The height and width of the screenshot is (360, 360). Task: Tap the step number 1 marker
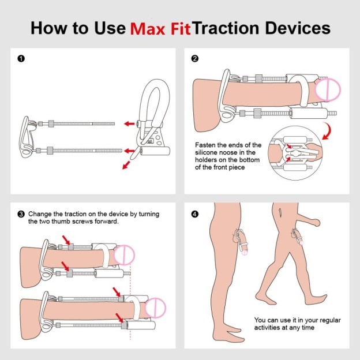pyautogui.click(x=21, y=58)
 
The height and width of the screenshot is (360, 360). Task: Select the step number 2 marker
pyautogui.click(x=195, y=58)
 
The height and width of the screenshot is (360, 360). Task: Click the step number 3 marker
pyautogui.click(x=21, y=214)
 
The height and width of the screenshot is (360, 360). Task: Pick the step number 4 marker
pyautogui.click(x=195, y=214)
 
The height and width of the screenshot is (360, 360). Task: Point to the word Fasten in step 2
pyautogui.click(x=208, y=145)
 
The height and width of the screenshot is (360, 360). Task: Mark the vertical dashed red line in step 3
pyautogui.click(x=131, y=288)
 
